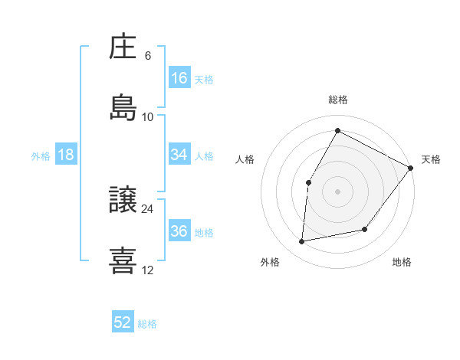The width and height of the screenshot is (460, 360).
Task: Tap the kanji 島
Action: [x=123, y=108]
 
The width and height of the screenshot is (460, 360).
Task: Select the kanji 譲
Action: [x=123, y=201]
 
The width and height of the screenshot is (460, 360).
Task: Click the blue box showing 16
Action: [x=179, y=78]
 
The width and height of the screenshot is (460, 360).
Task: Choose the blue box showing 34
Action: [x=179, y=155]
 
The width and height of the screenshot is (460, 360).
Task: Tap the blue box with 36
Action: [x=179, y=231]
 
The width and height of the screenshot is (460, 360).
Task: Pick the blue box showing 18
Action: [x=66, y=155]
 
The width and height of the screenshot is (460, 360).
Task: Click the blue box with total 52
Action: [x=123, y=323]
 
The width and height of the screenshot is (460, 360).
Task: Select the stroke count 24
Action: [x=148, y=208]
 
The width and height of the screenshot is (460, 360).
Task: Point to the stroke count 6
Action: [x=148, y=56]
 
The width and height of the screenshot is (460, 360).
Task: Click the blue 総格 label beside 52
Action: [x=148, y=324]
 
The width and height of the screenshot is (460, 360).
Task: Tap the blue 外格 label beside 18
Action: [x=41, y=155]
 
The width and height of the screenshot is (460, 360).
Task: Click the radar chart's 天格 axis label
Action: [x=431, y=159]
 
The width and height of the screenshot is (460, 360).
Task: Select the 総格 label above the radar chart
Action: [x=337, y=100]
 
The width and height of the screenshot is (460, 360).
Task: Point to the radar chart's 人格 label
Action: [x=245, y=159]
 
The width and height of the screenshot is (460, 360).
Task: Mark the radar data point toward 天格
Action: [x=410, y=168]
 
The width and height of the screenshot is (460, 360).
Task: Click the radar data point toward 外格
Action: [x=302, y=242]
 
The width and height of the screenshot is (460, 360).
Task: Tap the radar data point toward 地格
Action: [x=365, y=229]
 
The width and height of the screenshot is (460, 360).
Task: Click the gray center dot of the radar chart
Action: [x=337, y=191]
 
